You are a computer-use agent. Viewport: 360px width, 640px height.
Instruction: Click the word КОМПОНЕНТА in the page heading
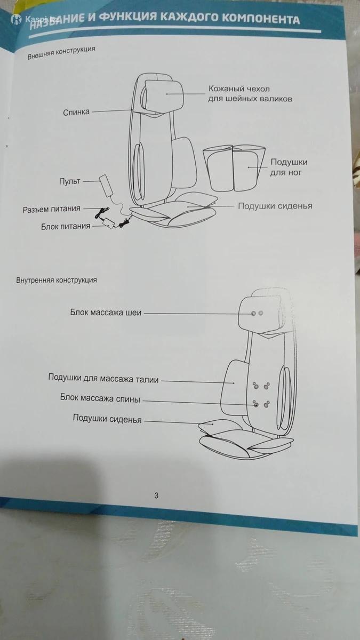point(261,19)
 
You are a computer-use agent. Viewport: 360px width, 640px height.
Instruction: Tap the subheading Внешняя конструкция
point(61,53)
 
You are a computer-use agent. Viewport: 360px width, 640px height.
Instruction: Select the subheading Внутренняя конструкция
point(57,279)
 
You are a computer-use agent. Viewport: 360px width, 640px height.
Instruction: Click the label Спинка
point(76,112)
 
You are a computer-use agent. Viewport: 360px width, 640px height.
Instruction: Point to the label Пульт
point(70,181)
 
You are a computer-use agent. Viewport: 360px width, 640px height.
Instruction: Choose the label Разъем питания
point(51,209)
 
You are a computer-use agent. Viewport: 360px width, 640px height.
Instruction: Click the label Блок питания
point(66,226)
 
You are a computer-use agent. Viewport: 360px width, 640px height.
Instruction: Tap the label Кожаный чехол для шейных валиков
point(250,94)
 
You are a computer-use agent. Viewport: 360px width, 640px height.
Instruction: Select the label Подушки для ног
point(289,167)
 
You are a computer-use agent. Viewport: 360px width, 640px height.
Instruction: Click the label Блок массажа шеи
point(106,313)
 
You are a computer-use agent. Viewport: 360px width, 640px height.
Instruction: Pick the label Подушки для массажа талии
point(103,378)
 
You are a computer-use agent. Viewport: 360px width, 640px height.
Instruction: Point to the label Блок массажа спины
point(100,398)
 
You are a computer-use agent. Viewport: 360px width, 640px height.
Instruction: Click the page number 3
point(156,495)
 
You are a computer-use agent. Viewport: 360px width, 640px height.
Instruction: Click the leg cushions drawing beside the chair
point(235,167)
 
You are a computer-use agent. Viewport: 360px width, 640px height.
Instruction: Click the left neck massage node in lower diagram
point(253,314)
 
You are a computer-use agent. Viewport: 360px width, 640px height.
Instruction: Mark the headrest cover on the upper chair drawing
point(163,95)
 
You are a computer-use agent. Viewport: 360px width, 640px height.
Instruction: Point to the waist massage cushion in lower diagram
point(234,387)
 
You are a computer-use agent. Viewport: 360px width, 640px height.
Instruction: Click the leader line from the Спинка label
point(112,111)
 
